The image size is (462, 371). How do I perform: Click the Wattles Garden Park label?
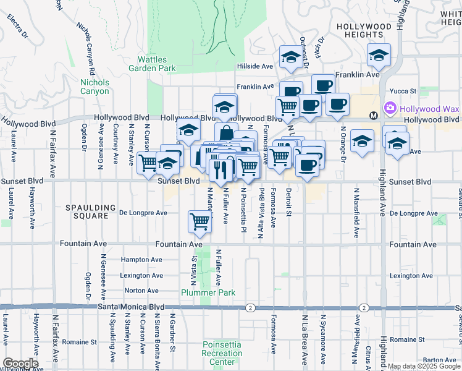[152, 64]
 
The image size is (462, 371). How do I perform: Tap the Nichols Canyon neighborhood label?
[94, 87]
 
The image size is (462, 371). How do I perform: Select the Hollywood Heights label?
[364, 31]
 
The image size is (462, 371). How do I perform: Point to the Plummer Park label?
[200, 292]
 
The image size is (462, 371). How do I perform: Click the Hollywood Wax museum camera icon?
[390, 109]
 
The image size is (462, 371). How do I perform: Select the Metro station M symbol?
[373, 116]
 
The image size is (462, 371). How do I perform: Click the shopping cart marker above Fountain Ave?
[199, 220]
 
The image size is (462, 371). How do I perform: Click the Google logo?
[20, 364]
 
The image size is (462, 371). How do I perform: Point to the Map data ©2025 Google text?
[424, 366]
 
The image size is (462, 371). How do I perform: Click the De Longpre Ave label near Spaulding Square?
[143, 213]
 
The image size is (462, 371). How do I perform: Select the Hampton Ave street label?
[142, 260]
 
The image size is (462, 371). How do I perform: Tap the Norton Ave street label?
[141, 290]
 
